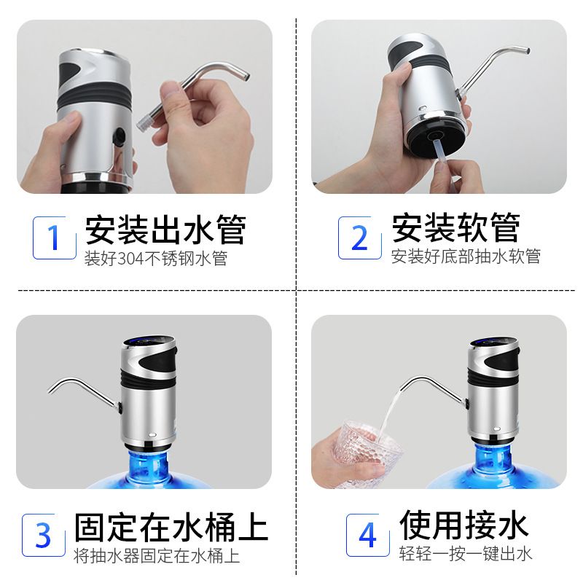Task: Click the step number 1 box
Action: (54, 238)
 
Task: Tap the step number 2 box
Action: (359, 238)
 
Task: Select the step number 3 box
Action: (44, 535)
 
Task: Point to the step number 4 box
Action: (368, 535)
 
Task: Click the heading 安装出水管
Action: (165, 229)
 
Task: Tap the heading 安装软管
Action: (456, 227)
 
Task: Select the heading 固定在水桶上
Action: (171, 527)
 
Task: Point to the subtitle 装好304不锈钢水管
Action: (156, 259)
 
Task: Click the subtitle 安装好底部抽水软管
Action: (466, 257)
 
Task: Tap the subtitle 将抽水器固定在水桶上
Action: (157, 556)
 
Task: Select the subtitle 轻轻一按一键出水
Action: (466, 554)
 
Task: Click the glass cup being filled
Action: (367, 453)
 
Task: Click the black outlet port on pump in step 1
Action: (119, 137)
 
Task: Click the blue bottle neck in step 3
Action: (149, 466)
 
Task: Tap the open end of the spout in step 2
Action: (527, 50)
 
